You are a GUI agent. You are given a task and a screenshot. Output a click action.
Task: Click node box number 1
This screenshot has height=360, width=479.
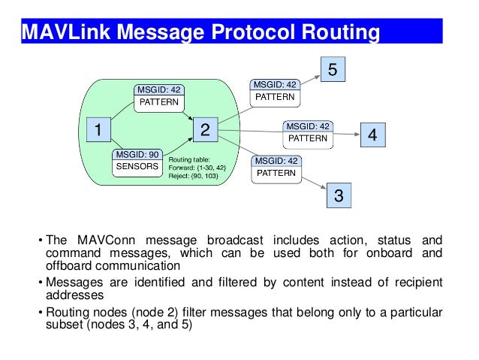pyautogui.click(x=97, y=130)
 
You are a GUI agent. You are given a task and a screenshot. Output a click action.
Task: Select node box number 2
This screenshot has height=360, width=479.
pyautogui.click(x=204, y=130)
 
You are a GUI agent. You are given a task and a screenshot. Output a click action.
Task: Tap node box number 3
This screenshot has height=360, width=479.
pyautogui.click(x=339, y=196)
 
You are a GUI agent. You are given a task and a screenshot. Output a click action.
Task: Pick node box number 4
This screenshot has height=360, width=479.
pyautogui.click(x=373, y=135)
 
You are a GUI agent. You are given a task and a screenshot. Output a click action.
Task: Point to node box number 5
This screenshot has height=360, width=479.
pyautogui.click(x=334, y=71)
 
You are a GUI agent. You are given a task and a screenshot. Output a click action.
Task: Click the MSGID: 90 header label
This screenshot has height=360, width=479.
pyautogui.click(x=136, y=154)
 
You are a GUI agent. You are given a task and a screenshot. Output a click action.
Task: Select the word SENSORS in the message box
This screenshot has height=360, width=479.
pyautogui.click(x=136, y=166)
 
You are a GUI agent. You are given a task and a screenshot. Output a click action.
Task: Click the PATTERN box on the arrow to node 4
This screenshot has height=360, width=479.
pyautogui.click(x=308, y=138)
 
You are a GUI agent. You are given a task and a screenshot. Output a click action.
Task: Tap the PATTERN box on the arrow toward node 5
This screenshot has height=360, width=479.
pyautogui.click(x=275, y=98)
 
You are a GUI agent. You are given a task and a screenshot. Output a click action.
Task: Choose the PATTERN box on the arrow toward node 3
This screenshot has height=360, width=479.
pyautogui.click(x=276, y=173)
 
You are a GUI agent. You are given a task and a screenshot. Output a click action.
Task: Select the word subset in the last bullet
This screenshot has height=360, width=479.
pyautogui.click(x=65, y=325)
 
